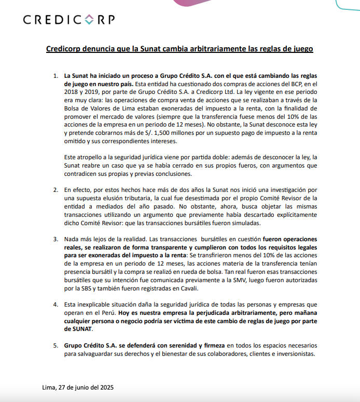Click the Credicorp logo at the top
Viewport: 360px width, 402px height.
(69, 20)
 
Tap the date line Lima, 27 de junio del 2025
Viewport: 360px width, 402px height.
(78, 387)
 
